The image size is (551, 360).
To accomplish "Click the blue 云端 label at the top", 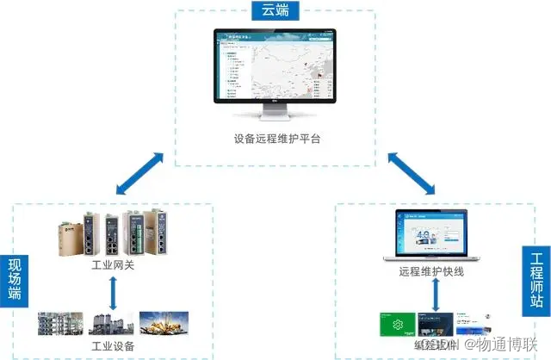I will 275,12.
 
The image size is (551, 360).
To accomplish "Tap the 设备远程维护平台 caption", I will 276,139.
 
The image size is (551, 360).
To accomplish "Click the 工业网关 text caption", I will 113,265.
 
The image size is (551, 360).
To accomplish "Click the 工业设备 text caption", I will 113,346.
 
